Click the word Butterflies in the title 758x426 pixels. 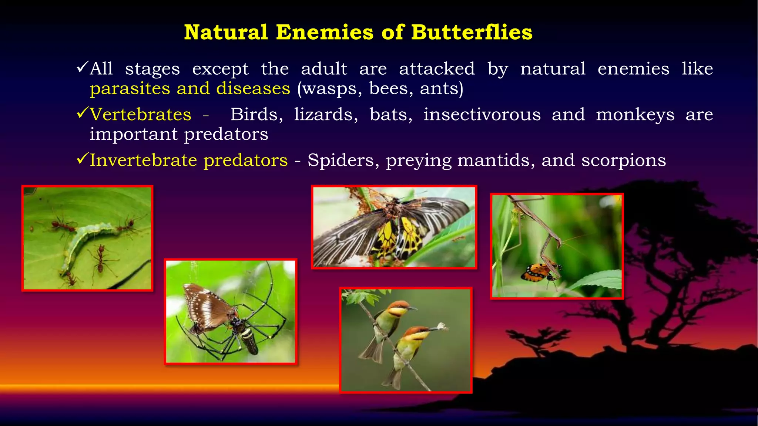pos(472,32)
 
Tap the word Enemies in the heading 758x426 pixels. pos(325,32)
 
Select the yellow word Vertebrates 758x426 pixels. pos(141,114)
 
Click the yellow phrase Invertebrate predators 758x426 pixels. pos(189,160)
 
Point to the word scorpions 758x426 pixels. pos(623,160)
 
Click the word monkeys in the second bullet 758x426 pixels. pos(635,114)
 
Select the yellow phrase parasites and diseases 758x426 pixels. pos(190,89)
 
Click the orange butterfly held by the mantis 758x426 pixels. pos(537,273)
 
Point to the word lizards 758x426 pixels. pos(326,114)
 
